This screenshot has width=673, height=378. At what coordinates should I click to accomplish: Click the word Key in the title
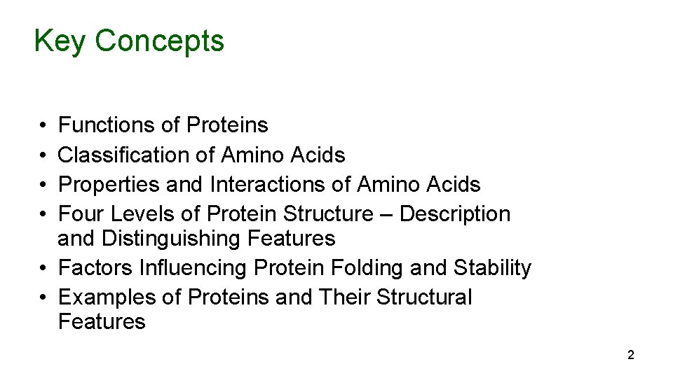(x=61, y=41)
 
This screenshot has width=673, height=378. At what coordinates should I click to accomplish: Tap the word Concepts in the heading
(x=160, y=41)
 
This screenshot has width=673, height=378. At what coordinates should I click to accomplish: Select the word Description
(x=455, y=213)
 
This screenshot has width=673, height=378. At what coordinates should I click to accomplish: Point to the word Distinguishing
(x=172, y=239)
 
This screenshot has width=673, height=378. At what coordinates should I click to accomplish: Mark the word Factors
(x=96, y=268)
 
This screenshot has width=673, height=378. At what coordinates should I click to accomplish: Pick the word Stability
(x=493, y=268)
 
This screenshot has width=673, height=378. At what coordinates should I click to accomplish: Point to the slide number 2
(x=630, y=356)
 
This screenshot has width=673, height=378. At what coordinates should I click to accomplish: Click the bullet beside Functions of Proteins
(x=43, y=126)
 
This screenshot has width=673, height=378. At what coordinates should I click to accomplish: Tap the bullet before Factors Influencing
(x=43, y=269)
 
